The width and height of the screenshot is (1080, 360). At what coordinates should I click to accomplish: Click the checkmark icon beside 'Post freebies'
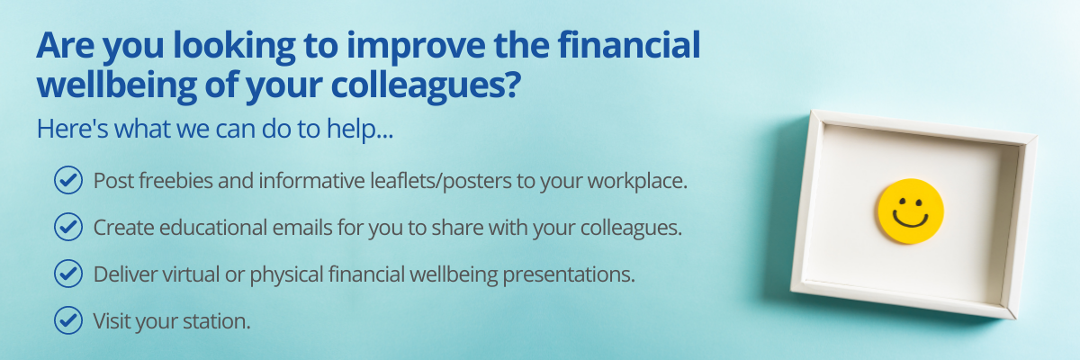(x=68, y=180)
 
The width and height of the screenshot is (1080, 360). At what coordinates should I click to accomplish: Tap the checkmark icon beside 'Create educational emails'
(x=68, y=227)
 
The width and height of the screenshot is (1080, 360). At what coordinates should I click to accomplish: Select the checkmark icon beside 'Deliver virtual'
(x=68, y=274)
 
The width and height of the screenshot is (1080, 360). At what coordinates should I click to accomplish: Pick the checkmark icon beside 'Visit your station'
(x=68, y=320)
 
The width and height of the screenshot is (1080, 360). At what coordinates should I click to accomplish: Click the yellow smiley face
(x=910, y=211)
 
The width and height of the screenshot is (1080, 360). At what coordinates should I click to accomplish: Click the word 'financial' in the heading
(x=629, y=45)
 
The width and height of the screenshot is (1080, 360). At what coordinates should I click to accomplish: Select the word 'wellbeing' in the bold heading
(x=117, y=86)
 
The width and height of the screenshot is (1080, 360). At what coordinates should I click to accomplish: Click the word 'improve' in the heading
(x=416, y=47)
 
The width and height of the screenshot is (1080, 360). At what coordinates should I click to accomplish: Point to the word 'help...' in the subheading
(x=360, y=130)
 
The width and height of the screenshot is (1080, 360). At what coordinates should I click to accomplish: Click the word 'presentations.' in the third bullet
(x=569, y=275)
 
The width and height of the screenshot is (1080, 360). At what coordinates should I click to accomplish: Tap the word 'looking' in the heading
(x=234, y=47)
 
